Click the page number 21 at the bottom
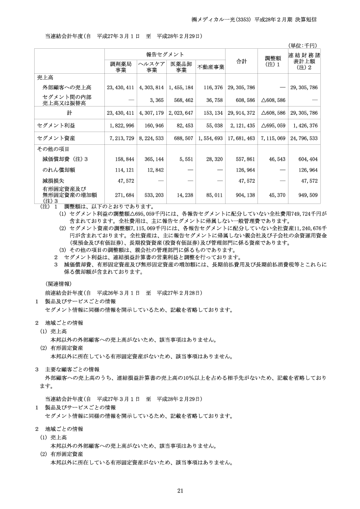point(180,490)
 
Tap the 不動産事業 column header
point(211,67)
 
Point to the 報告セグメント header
point(165,54)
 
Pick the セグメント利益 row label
point(52,125)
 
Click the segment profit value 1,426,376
point(307,125)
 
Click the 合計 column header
point(241,61)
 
